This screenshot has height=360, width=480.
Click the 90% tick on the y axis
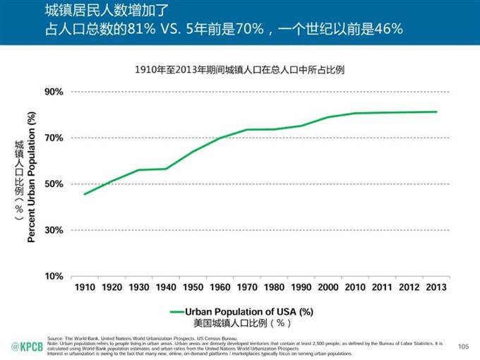pos(54,92)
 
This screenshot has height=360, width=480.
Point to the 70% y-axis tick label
pos(54,138)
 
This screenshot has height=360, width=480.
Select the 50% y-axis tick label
pos(54,184)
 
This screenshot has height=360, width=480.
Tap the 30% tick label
pos(54,230)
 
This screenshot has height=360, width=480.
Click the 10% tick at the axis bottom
pos(54,276)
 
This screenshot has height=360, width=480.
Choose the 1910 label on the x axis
pos(84,287)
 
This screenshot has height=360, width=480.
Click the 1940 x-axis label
pos(165,287)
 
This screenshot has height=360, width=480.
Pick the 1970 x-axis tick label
pos(246,287)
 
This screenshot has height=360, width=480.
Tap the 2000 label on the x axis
pos(328,287)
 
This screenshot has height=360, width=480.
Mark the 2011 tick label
pos(382,287)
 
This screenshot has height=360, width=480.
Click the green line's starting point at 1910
pos(84,194)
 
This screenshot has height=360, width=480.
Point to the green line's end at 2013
pos(436,112)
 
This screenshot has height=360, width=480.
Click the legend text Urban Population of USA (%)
pos(249,311)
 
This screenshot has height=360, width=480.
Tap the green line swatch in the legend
pos(176,311)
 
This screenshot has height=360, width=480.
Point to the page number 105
pos(463,346)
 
